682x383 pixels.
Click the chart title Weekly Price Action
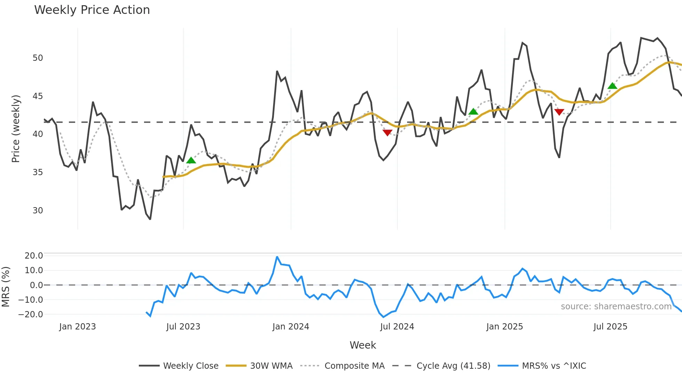[x=92, y=10]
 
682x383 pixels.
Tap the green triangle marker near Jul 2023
[x=191, y=160]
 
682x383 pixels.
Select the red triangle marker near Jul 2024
[x=387, y=133]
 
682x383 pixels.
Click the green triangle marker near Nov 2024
[x=473, y=112]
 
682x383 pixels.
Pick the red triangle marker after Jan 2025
[x=559, y=112]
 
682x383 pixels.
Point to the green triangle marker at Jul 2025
[x=612, y=86]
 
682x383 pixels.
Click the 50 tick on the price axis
[x=38, y=58]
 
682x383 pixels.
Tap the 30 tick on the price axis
[x=38, y=211]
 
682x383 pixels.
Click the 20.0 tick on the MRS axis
[x=33, y=256]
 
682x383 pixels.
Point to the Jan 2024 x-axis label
[x=291, y=327]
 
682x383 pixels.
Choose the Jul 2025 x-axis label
[x=610, y=327]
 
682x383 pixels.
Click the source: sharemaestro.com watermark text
[x=616, y=307]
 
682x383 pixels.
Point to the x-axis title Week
[x=363, y=345]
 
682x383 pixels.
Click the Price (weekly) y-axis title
[x=16, y=129]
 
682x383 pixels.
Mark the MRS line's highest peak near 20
[x=277, y=257]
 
